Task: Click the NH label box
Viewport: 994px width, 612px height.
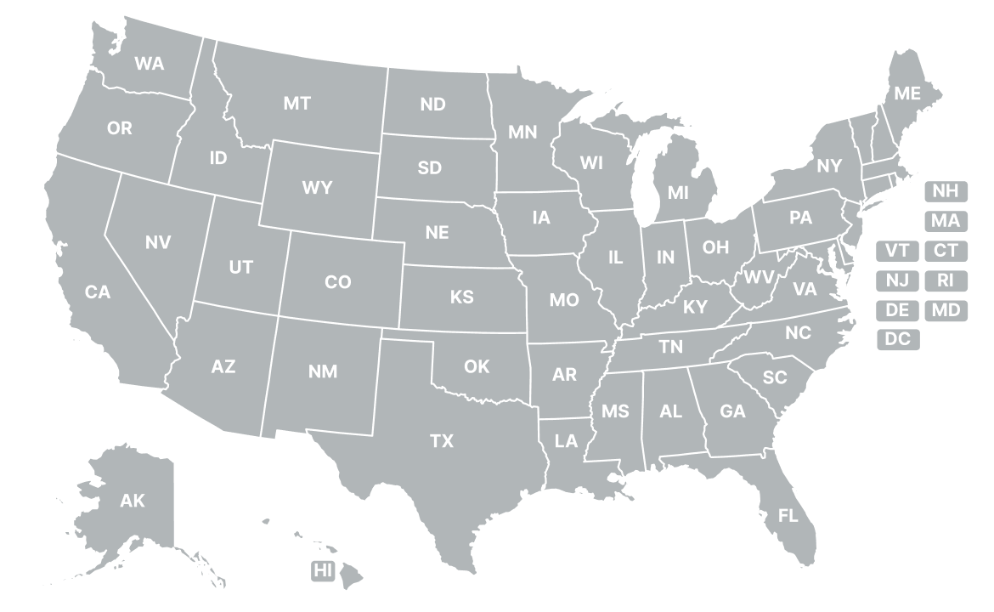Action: (x=946, y=191)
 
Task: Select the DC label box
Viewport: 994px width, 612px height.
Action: (x=897, y=339)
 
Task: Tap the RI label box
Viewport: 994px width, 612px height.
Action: (x=946, y=280)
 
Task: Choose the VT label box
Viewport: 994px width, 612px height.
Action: (x=897, y=251)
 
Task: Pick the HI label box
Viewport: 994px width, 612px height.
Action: (x=323, y=571)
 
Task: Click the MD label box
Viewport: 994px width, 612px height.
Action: (x=946, y=310)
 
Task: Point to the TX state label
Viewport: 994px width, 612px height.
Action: (x=441, y=441)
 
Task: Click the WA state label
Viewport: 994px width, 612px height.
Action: (x=150, y=63)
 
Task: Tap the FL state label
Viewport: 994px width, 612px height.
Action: (x=788, y=515)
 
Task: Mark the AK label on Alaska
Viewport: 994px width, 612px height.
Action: (x=133, y=501)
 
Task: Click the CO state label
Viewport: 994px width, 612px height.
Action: (x=338, y=282)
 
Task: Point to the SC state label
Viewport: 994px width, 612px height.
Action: (x=775, y=377)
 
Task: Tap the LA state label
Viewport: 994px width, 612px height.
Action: (x=566, y=441)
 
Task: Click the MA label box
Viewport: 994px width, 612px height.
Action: (x=946, y=221)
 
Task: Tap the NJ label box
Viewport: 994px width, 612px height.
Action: (x=897, y=280)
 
